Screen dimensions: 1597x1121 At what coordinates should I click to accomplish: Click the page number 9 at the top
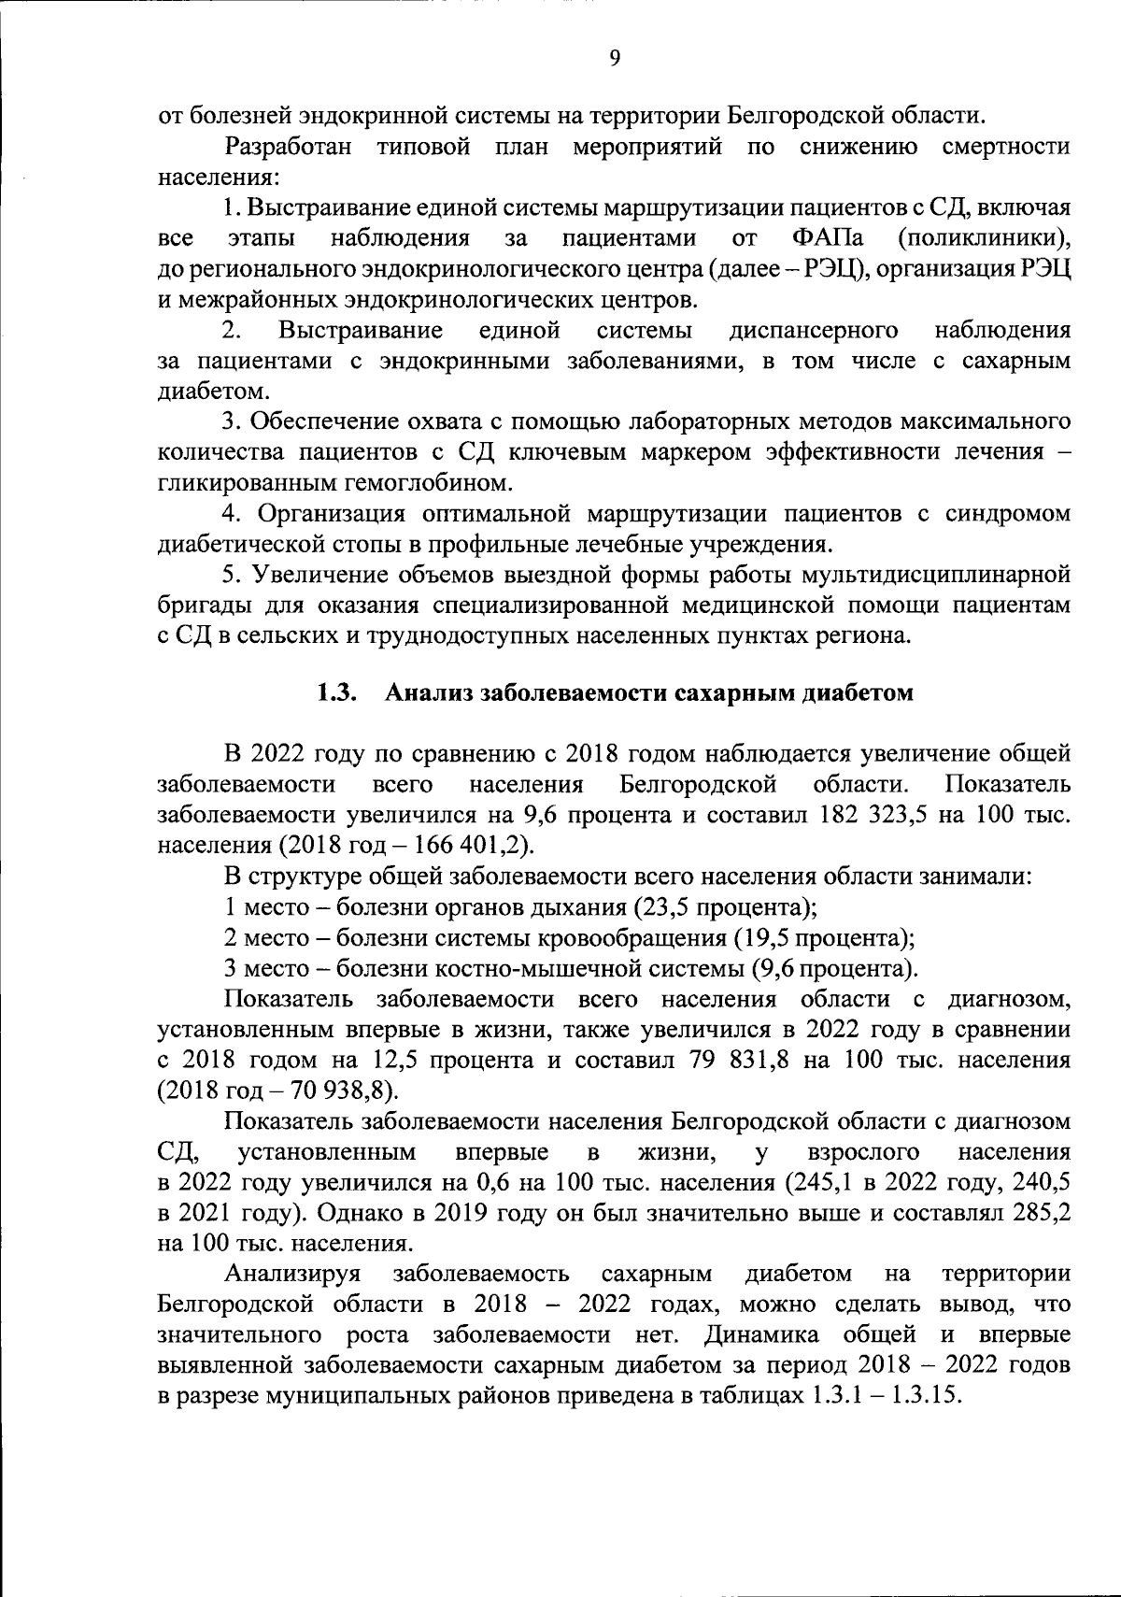[x=614, y=58]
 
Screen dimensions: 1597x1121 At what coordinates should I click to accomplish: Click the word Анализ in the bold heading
[x=424, y=692]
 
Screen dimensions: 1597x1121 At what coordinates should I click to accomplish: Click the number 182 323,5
[x=872, y=815]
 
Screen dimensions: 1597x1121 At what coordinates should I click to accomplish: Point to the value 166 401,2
[x=474, y=846]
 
